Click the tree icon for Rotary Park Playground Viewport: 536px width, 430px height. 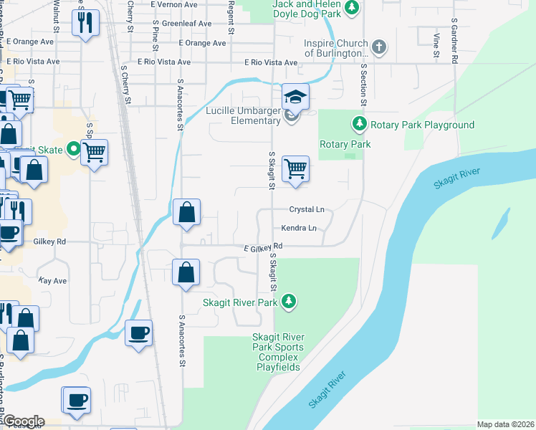(x=360, y=125)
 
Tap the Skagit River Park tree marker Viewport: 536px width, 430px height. (x=289, y=302)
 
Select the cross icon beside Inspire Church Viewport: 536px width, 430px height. (x=380, y=48)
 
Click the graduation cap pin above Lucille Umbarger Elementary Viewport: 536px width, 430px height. (x=295, y=97)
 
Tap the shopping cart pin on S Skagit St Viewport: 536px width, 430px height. (x=295, y=169)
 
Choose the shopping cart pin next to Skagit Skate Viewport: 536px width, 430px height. (x=94, y=152)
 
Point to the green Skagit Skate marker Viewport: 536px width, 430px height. (x=73, y=149)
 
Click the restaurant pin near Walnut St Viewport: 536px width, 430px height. (x=85, y=23)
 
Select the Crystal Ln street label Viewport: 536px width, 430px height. (x=307, y=209)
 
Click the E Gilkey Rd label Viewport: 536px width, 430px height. (x=263, y=246)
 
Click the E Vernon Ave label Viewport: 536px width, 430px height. (x=175, y=4)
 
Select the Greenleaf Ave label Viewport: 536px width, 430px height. (x=186, y=23)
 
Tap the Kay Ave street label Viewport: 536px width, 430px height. (x=52, y=280)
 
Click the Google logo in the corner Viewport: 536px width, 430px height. (x=23, y=421)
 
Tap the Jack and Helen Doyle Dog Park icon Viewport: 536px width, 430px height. (x=351, y=8)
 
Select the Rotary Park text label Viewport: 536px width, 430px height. (x=345, y=144)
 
